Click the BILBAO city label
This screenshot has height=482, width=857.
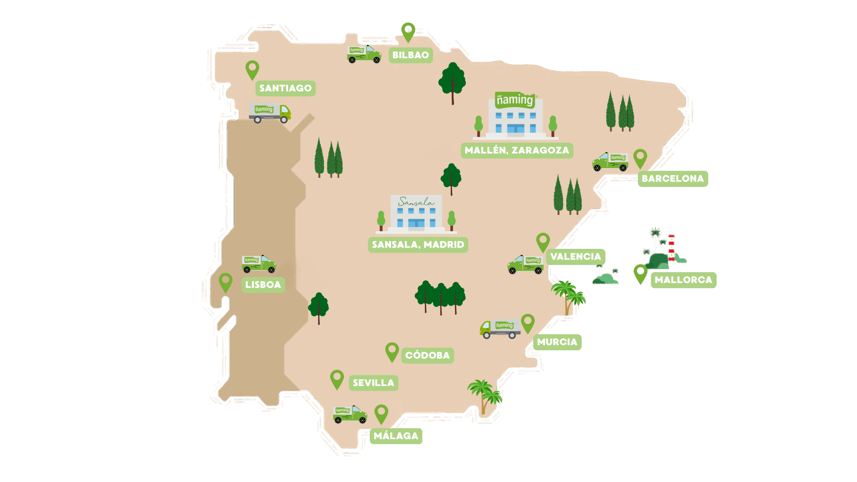[x=410, y=55]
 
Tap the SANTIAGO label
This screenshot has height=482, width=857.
[x=285, y=88]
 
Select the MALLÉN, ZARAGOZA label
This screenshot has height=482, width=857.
[x=517, y=150]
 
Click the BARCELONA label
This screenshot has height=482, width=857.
[x=673, y=179]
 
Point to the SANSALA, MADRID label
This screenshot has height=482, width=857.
[x=418, y=245]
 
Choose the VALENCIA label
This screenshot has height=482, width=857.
[x=575, y=257]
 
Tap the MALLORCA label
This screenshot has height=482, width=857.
[x=683, y=280]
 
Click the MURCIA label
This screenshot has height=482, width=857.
[x=557, y=342]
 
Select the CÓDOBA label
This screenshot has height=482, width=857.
[x=427, y=355]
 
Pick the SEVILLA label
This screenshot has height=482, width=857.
[x=373, y=383]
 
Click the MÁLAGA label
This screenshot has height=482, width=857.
[x=396, y=436]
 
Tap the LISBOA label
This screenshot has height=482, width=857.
[x=263, y=285]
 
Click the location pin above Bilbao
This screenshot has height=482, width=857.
[x=408, y=31]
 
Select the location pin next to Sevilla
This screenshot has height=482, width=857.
[x=337, y=379]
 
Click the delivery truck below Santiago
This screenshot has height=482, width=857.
[x=270, y=113]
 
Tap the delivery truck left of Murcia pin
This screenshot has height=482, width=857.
[x=500, y=328]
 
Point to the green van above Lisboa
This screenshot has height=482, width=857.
[x=259, y=264]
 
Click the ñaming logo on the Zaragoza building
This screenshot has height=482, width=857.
[x=514, y=100]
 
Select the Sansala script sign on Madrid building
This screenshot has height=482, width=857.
[x=416, y=202]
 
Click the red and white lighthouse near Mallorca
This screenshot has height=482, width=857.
[x=671, y=248]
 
